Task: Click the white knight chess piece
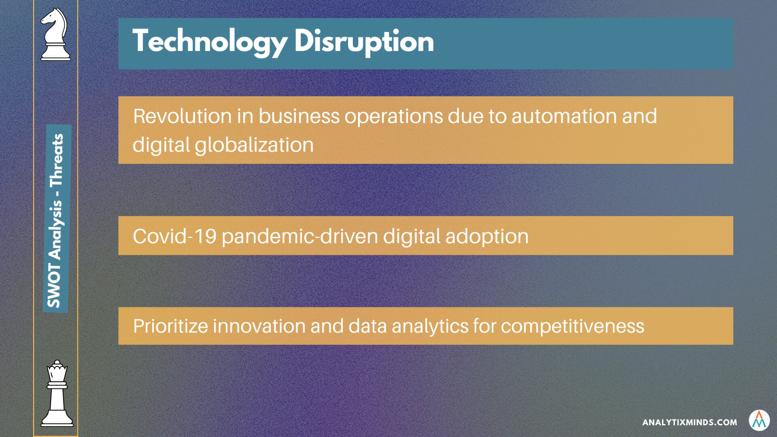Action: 55,34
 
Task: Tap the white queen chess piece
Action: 57,393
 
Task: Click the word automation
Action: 564,116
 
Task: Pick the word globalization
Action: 254,145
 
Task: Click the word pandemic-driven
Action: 300,236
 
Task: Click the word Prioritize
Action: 171,326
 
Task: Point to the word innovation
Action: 259,326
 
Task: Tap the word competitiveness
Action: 573,327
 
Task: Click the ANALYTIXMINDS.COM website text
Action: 690,422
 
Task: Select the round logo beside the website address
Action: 759,420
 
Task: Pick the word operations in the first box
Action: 394,117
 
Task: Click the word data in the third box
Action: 367,326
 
